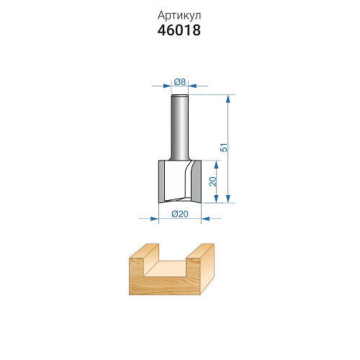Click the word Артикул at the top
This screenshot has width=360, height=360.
tap(179, 16)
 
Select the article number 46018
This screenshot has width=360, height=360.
tap(179, 30)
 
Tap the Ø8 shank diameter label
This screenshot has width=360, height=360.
tap(180, 82)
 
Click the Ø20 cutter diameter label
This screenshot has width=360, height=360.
tap(180, 214)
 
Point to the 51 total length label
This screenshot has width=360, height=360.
tap(224, 148)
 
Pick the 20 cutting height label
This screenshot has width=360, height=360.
tap(213, 181)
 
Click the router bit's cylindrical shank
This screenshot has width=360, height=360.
tap(180, 127)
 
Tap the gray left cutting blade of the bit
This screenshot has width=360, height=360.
tap(161, 181)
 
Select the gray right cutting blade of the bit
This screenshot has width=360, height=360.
tap(196, 181)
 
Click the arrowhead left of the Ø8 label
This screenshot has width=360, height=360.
tap(167, 86)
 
